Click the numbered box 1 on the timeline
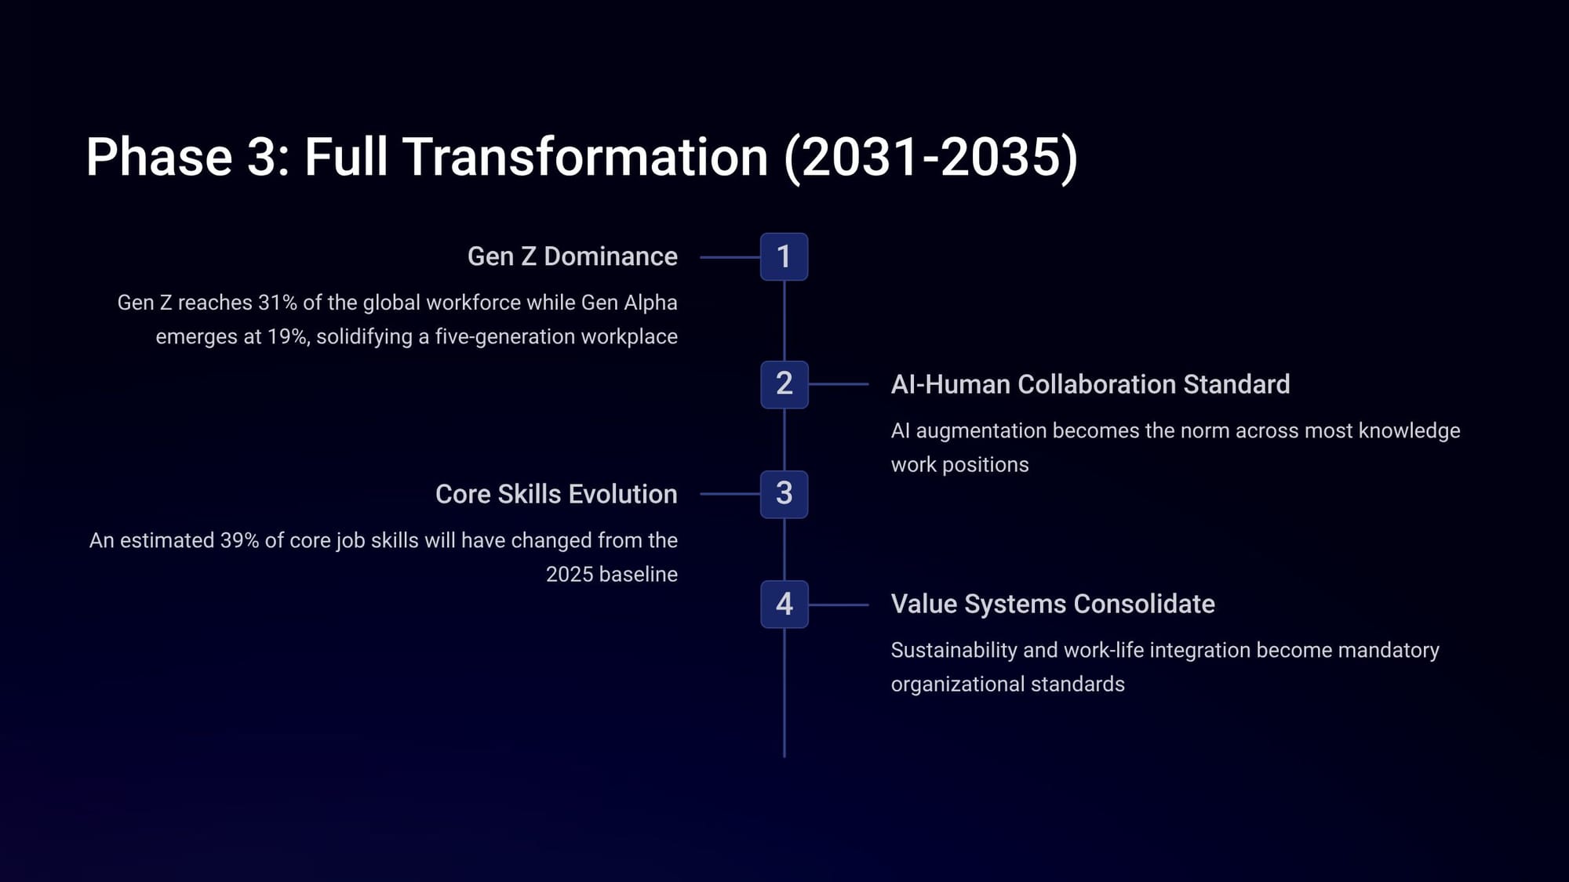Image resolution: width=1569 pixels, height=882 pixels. pyautogui.click(x=784, y=256)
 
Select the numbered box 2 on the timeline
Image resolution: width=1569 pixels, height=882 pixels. pyautogui.click(x=784, y=384)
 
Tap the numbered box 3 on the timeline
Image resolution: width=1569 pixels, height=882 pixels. pyautogui.click(x=784, y=494)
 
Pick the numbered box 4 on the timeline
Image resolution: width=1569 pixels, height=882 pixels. pyautogui.click(x=784, y=604)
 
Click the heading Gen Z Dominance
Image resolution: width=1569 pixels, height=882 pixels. pyautogui.click(x=573, y=256)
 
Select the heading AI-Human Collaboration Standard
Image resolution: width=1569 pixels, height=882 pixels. pyautogui.click(x=1090, y=384)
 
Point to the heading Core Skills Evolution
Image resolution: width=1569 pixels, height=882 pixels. pyautogui.click(x=556, y=494)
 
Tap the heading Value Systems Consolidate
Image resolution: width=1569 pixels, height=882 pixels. pyautogui.click(x=1053, y=604)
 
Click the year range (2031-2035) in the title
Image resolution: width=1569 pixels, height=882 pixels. pyautogui.click(x=931, y=157)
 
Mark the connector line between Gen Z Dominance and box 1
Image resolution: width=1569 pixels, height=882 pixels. pyautogui.click(x=730, y=257)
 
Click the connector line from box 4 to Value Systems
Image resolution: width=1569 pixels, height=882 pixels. pyautogui.click(x=839, y=604)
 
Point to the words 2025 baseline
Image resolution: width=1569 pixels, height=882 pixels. pyautogui.click(x=612, y=574)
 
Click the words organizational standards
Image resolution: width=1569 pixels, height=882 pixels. pyautogui.click(x=1008, y=684)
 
